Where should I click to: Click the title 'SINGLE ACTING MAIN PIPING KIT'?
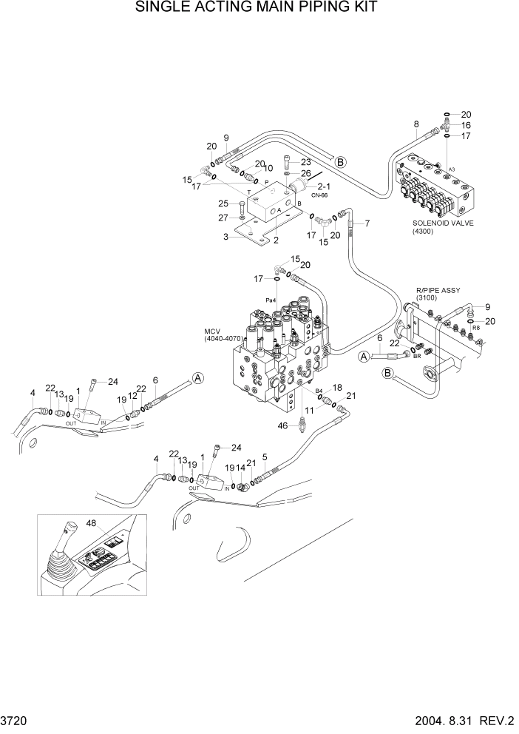pos(257,8)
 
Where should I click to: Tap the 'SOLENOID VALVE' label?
pos(442,222)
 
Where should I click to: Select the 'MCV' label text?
pos(214,331)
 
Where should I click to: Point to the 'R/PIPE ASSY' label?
pos(437,290)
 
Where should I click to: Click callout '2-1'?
pos(323,186)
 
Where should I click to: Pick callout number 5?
pos(265,457)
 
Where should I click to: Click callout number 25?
pos(223,203)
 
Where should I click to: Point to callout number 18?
pos(336,387)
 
